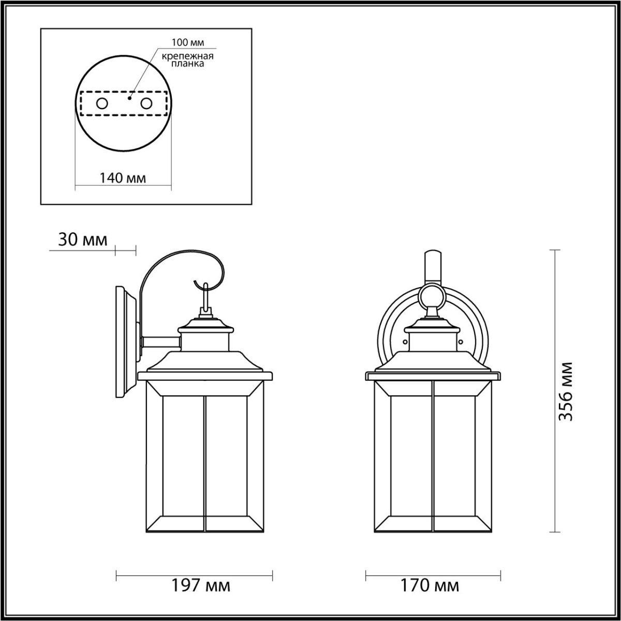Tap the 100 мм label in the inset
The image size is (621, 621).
185,41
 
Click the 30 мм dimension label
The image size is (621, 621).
82,240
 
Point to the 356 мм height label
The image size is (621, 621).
566,391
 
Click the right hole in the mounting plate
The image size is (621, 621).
146,103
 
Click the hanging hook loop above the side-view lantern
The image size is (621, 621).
206,297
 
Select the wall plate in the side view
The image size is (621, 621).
126,342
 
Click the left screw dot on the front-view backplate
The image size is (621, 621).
406,341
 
